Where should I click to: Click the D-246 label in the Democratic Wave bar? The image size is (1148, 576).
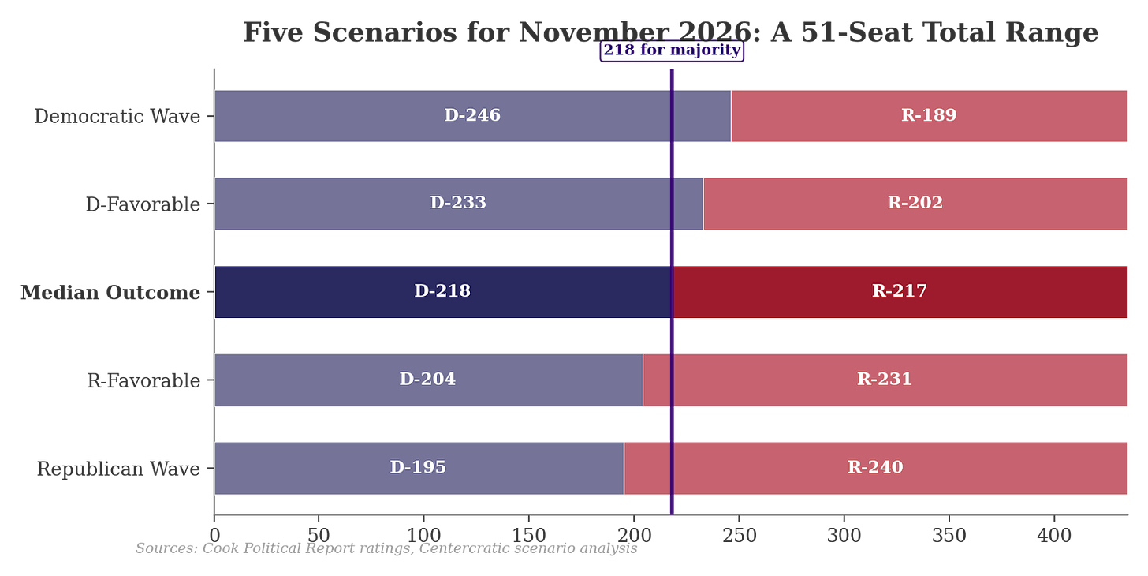472,115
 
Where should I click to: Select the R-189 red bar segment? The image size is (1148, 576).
930,115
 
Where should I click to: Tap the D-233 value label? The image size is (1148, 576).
458,203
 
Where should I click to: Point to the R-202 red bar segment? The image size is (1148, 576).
916,203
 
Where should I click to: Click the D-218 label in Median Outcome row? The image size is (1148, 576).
442,291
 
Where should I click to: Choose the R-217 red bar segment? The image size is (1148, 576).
900,291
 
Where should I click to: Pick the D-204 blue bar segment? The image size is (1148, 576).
428,380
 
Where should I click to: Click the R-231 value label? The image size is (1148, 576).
885,380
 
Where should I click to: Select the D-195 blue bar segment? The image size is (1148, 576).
419,468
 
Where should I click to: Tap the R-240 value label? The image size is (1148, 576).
875,468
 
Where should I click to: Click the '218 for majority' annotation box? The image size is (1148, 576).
672,51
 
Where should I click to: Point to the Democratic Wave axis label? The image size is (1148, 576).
116,116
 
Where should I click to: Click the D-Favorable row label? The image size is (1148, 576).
142,204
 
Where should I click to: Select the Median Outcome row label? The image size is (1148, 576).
109,293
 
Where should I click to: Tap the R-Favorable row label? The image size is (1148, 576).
143,381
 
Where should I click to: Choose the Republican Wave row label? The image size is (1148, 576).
117,469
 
